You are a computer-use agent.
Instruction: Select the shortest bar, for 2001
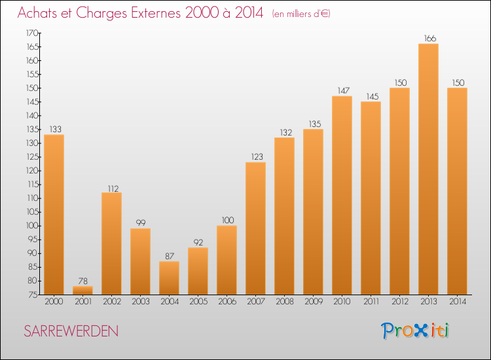82,290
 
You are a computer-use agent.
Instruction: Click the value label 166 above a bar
428,39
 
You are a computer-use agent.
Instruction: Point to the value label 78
82,281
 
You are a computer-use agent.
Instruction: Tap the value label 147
342,91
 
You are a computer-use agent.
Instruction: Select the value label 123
255,157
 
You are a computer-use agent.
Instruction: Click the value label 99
140,223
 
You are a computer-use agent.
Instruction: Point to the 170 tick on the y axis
31,33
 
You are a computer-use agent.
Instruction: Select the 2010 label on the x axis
342,302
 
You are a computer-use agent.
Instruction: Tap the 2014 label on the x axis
457,302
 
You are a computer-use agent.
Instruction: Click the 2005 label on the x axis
198,302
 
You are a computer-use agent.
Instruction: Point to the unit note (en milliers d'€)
301,14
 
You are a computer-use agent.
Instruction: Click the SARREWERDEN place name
71,331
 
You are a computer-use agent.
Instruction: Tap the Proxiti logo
416,331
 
